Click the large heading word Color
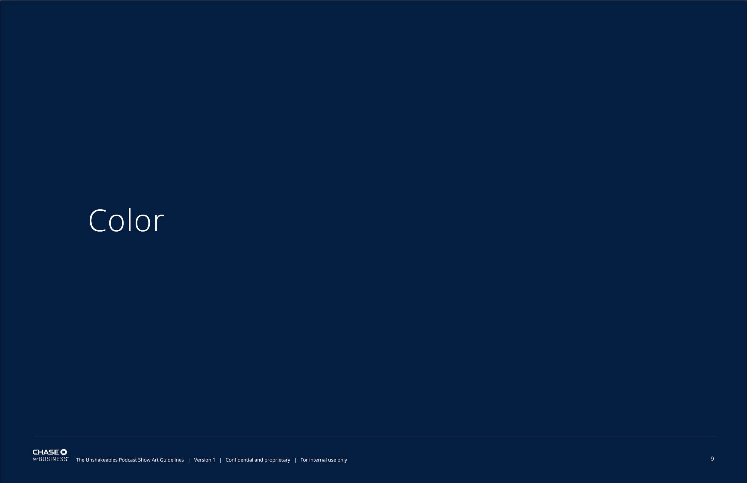126,221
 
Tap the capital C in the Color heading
97,221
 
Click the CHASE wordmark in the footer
46,452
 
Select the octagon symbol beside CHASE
63,452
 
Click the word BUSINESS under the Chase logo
53,459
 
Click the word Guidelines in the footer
172,460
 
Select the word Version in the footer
203,460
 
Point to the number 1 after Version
214,460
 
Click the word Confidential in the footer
239,460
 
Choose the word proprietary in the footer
277,460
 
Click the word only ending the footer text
342,460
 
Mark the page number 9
712,459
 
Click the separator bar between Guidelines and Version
189,460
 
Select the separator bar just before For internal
295,460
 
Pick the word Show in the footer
144,460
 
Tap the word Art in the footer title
155,460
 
